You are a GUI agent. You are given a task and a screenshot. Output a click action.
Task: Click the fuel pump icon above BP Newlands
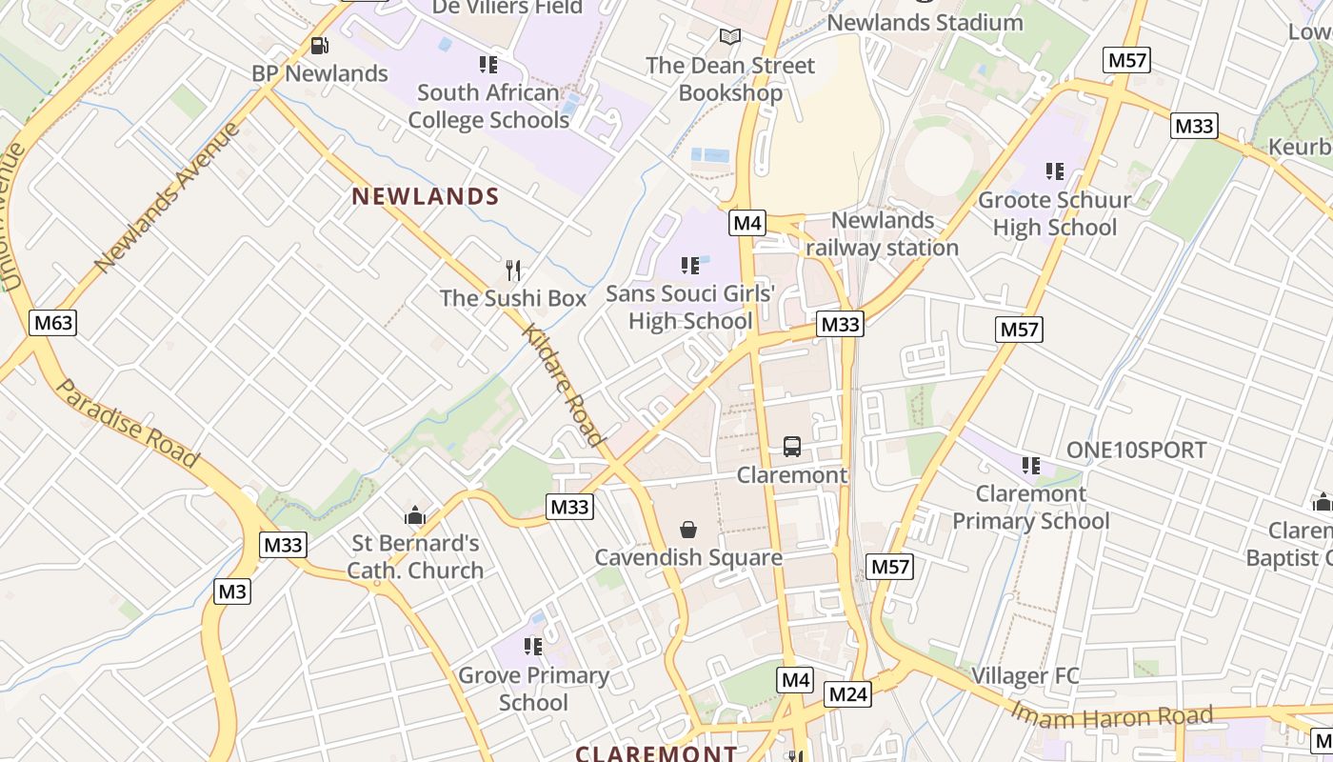pos(320,46)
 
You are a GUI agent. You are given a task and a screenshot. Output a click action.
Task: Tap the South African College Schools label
pos(488,107)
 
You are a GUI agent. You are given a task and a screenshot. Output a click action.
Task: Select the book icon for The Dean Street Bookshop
pos(730,37)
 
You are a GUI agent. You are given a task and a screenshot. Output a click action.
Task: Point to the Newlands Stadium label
pos(925,22)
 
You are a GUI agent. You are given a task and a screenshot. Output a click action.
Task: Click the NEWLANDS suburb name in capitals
pos(426,197)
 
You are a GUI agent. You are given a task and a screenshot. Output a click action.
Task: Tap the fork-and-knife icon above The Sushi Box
pos(513,271)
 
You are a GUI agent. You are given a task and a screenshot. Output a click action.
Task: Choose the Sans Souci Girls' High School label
pos(690,307)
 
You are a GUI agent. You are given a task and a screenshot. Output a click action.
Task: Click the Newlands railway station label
pos(882,234)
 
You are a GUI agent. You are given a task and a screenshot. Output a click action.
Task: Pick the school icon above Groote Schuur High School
pos(1054,171)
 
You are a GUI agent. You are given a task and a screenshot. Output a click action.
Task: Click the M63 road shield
pos(52,323)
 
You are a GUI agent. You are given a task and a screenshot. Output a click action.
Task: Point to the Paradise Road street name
pos(128,424)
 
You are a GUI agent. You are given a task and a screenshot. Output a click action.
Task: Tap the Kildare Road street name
pos(564,385)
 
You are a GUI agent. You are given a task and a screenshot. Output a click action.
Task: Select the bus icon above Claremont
pos(791,446)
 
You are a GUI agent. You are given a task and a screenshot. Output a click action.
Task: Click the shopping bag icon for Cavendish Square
pos(687,530)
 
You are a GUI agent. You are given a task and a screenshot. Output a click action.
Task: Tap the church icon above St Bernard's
pos(414,516)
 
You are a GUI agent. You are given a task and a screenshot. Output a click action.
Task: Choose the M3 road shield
pos(232,592)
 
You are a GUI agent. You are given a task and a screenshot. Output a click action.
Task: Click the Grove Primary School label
pos(533,689)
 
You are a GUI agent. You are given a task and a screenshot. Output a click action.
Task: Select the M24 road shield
pos(847,694)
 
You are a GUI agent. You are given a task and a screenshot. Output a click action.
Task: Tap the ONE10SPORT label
pos(1136,451)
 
